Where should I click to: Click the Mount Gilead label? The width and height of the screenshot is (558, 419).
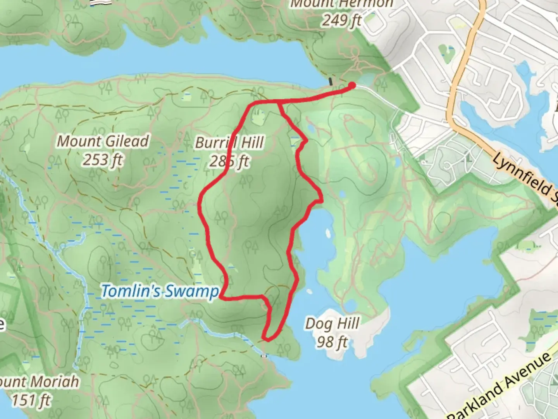tap(103, 141)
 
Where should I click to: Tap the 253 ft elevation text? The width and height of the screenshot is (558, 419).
tap(102, 159)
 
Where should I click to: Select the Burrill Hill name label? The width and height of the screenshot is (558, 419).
tap(229, 143)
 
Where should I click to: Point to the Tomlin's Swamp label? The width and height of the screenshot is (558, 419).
tap(159, 291)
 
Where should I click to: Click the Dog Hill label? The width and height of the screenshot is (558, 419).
tap(332, 324)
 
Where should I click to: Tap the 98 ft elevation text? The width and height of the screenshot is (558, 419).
tap(332, 342)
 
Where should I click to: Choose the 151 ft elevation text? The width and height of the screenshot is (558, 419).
tap(31, 400)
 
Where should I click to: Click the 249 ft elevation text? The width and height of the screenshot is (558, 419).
tap(341, 20)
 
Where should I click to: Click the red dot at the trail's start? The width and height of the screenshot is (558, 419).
tap(352, 85)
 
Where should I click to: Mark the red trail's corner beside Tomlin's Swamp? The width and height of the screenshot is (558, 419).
tap(220, 298)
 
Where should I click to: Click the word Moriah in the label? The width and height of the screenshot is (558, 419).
tap(54, 382)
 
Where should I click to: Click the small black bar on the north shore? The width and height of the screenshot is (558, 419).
tap(331, 81)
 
